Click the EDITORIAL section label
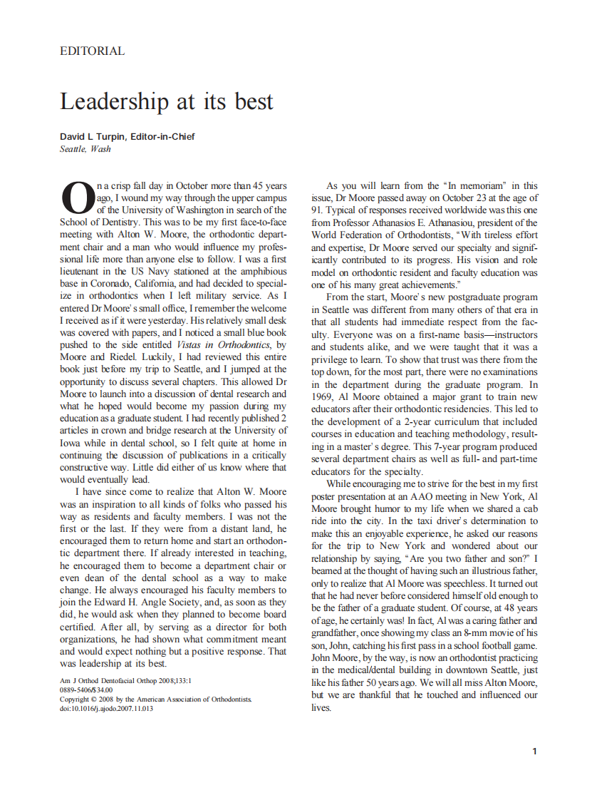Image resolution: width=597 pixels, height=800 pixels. (x=92, y=51)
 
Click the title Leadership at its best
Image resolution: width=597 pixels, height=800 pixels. (x=166, y=101)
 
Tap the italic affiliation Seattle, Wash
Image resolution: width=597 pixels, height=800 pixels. (x=85, y=149)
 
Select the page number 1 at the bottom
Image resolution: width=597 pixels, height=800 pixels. (x=534, y=751)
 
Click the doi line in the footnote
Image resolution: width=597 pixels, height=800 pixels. (x=106, y=708)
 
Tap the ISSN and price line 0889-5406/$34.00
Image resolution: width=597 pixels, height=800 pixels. (x=86, y=689)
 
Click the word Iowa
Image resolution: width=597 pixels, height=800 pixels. (x=71, y=443)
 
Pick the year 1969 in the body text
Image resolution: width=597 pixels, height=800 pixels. (x=323, y=397)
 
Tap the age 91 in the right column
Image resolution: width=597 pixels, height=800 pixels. (x=318, y=210)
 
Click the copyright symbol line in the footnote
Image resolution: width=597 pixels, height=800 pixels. (x=155, y=699)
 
